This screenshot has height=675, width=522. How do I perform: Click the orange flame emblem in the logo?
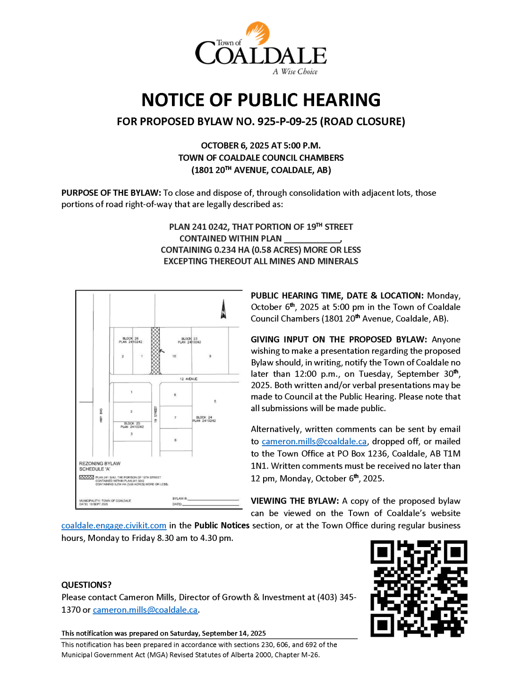pyautogui.click(x=258, y=33)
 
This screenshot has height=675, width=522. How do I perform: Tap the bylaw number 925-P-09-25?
pyautogui.click(x=287, y=122)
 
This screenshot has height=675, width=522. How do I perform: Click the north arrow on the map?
pyautogui.click(x=223, y=310)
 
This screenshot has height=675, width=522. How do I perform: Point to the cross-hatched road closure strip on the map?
pyautogui.click(x=155, y=350)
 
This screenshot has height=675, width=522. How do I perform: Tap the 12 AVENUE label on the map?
pyautogui.click(x=188, y=379)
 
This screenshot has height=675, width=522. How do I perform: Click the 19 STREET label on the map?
pyautogui.click(x=155, y=413)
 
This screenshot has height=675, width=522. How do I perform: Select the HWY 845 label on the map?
pyautogui.click(x=101, y=415)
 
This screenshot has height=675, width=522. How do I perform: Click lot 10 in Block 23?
pyautogui.click(x=174, y=356)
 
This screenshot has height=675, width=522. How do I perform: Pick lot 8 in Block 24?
pyautogui.click(x=175, y=440)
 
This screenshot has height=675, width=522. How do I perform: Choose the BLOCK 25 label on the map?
pyautogui.click(x=131, y=423)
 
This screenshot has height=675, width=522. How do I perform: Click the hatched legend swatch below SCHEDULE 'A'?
pyautogui.click(x=86, y=477)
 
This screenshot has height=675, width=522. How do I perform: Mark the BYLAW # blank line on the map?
pyautogui.click(x=213, y=499)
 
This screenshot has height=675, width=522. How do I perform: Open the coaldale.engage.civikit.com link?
pyautogui.click(x=114, y=526)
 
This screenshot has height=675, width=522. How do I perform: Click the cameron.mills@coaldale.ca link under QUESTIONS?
pyautogui.click(x=145, y=610)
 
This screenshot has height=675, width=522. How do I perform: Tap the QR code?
pyautogui.click(x=419, y=588)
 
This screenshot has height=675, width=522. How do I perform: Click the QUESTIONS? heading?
pyautogui.click(x=86, y=585)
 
